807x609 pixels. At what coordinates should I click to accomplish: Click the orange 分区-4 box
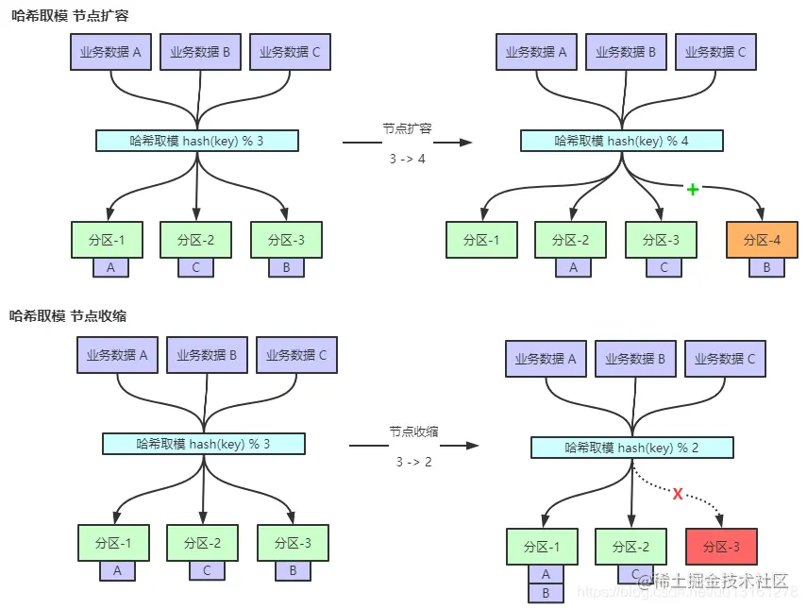click(762, 240)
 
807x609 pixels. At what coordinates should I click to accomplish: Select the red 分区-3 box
click(723, 547)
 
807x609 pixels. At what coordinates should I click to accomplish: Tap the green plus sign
click(693, 190)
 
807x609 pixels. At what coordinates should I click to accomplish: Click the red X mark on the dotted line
click(677, 494)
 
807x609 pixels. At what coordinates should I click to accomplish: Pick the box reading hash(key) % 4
click(621, 142)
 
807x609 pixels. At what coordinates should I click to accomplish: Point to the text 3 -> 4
click(407, 159)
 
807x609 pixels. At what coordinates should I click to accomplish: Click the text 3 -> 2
click(413, 462)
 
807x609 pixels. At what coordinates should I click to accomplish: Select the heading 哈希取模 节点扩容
click(69, 15)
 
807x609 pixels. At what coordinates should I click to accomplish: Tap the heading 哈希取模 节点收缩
click(68, 316)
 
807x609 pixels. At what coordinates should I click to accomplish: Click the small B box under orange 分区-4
click(766, 268)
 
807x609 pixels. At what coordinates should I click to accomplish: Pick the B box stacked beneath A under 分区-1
click(545, 594)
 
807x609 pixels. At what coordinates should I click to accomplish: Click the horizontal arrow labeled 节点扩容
click(407, 142)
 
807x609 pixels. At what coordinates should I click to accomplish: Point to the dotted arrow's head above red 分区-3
click(721, 520)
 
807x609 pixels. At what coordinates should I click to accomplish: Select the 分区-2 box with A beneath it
click(570, 240)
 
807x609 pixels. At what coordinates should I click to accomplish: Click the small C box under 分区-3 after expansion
click(664, 268)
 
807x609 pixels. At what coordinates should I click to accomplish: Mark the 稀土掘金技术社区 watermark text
click(712, 581)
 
